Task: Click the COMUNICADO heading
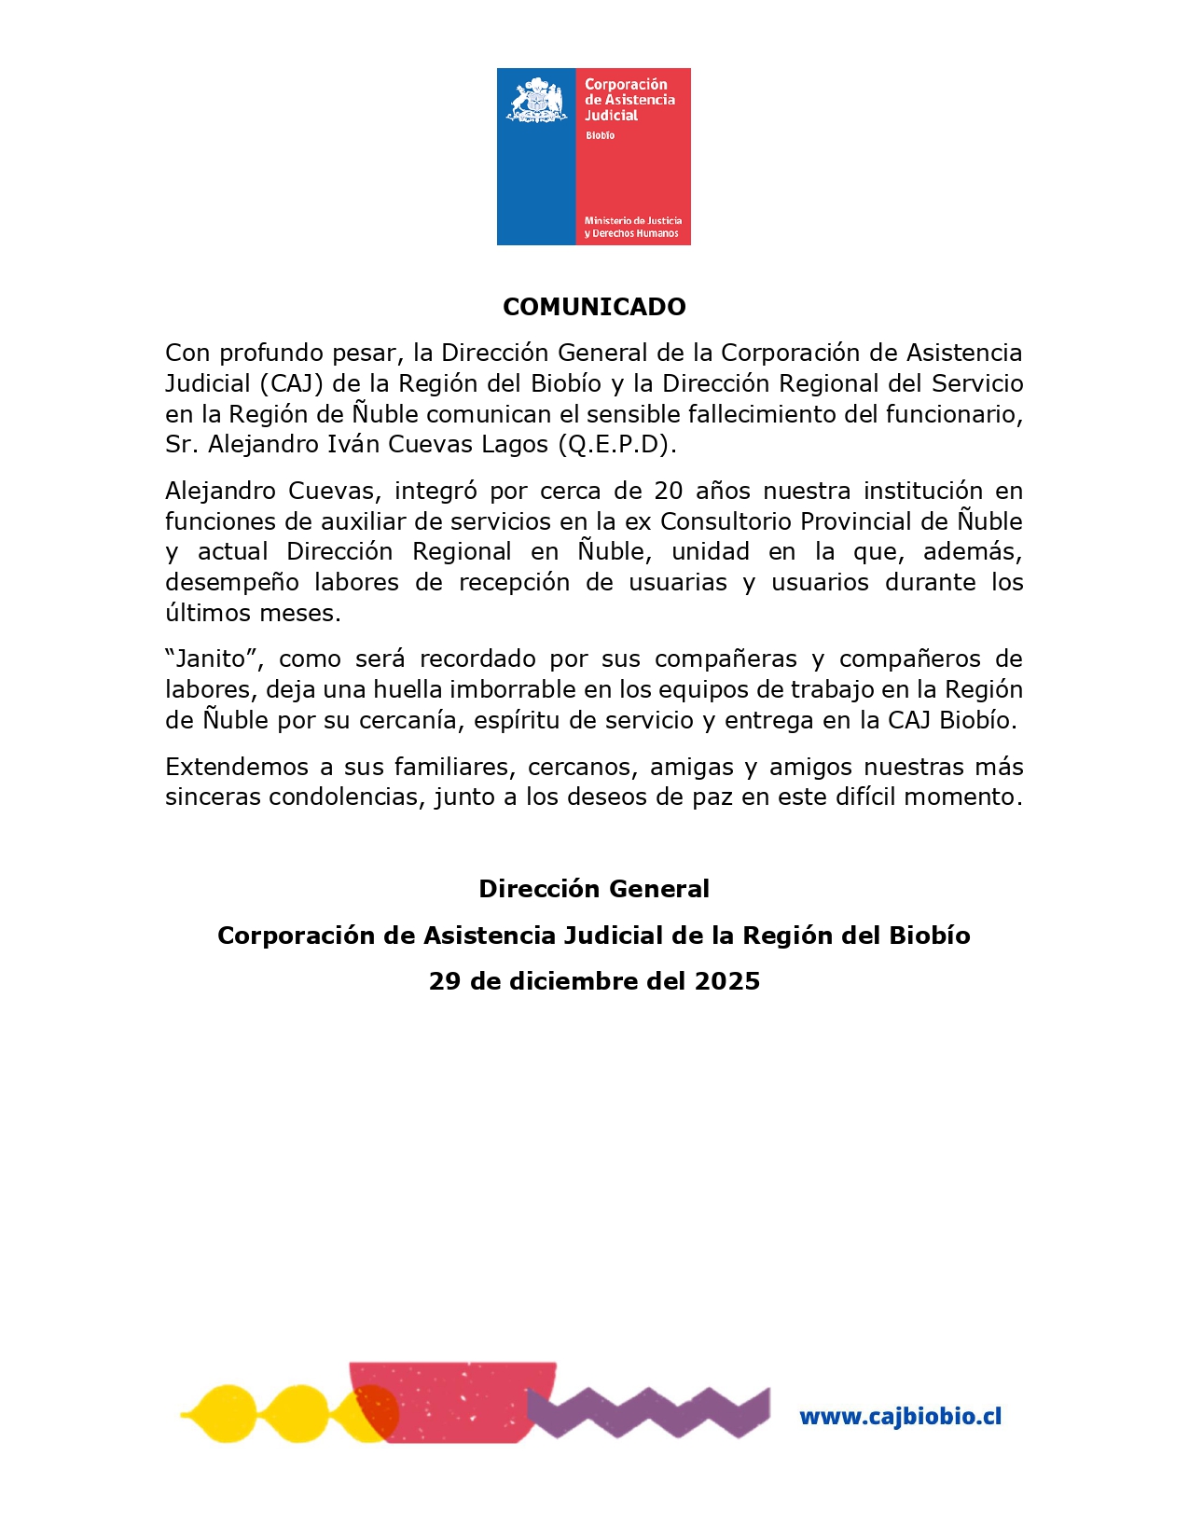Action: tap(594, 307)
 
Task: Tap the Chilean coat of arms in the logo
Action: tap(536, 101)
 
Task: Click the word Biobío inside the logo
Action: tap(600, 135)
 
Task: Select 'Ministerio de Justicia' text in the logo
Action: tap(632, 221)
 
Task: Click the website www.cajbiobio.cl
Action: tap(900, 1416)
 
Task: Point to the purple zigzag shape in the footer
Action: tap(648, 1411)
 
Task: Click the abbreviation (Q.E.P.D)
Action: tap(616, 444)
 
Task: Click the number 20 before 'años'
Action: tap(669, 491)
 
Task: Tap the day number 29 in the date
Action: tap(444, 981)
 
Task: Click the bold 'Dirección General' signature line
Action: tap(594, 889)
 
